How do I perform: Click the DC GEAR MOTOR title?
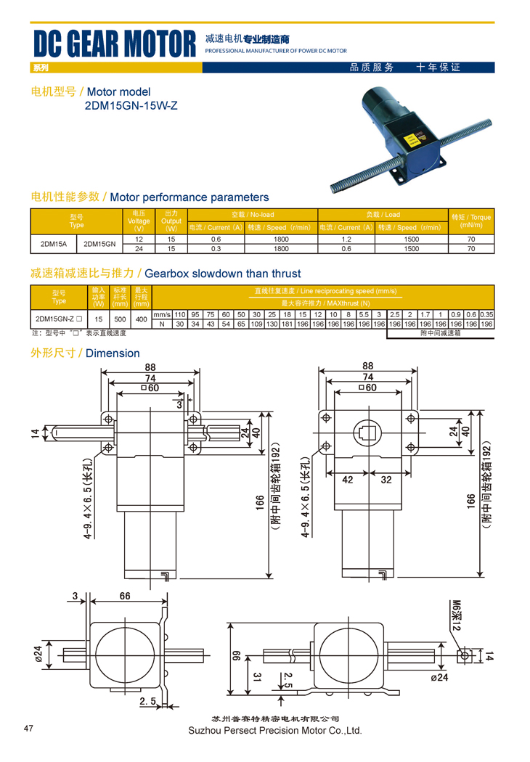[x=115, y=44]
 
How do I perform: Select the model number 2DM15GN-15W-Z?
[x=131, y=106]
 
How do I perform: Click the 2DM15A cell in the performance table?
[x=54, y=244]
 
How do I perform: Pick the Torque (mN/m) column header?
[x=470, y=221]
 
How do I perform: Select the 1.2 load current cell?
[x=346, y=239]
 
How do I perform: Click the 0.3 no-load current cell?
[x=216, y=249]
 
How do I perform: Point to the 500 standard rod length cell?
[x=120, y=319]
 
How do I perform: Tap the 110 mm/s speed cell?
[x=180, y=314]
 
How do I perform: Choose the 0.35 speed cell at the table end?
[x=486, y=314]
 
